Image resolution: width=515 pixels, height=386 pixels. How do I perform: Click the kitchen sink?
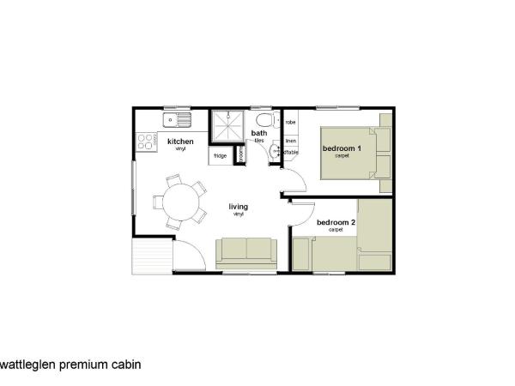coord(178,118)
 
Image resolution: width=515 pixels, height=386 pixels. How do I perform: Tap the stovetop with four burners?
coord(145,141)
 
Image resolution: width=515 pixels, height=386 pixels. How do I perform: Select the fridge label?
coord(220,156)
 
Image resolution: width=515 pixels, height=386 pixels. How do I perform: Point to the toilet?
coord(263,121)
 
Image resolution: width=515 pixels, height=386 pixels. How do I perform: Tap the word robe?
coord(290,123)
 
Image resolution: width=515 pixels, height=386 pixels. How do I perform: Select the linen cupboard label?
coord(290,140)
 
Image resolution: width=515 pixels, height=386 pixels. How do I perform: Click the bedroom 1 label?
coord(342,148)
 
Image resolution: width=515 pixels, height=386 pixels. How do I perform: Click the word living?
coord(238,206)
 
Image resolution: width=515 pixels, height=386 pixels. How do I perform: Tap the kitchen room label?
coord(180,142)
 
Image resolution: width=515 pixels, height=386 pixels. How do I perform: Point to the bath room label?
coord(258,133)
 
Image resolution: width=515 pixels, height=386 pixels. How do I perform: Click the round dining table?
coord(180,203)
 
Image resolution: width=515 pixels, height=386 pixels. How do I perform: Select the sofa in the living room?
coord(246,250)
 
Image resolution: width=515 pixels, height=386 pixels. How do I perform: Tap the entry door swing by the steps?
coord(189,253)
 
